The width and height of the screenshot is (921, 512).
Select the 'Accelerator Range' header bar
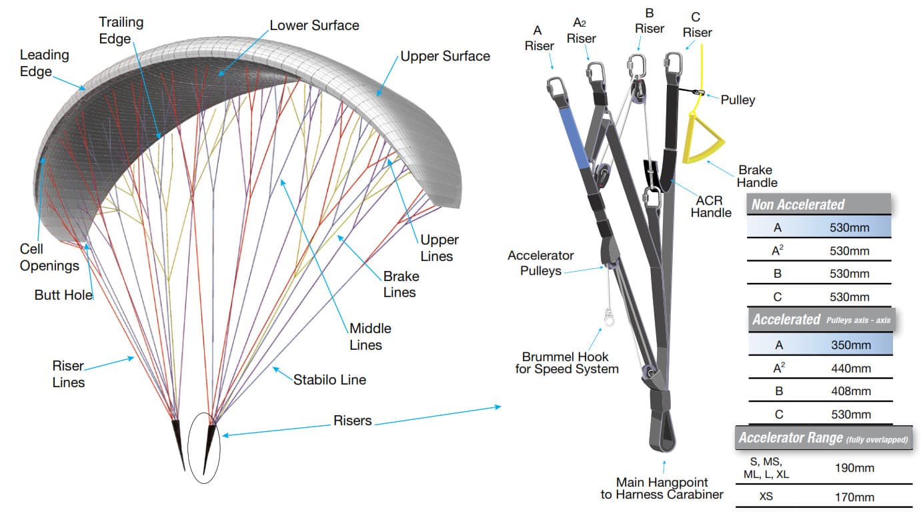tap(824, 439)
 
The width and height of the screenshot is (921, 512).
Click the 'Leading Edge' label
tap(44, 63)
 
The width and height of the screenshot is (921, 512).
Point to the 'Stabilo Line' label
tap(329, 380)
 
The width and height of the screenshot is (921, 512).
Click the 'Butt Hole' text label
tap(63, 294)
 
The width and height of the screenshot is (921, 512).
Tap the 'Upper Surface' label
tap(445, 56)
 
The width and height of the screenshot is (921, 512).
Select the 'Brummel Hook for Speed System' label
tap(566, 362)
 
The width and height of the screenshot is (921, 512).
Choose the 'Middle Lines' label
tap(369, 336)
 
